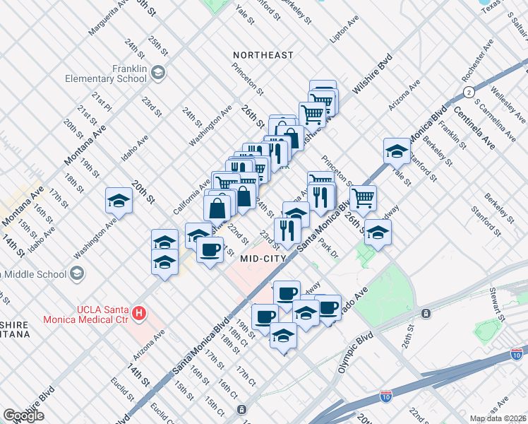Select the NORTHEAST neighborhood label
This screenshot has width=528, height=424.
point(263,55)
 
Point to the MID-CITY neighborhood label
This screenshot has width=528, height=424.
point(263,259)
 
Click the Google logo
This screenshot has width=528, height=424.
point(23,416)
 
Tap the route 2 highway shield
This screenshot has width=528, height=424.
point(468,93)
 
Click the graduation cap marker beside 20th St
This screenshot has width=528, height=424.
point(119,201)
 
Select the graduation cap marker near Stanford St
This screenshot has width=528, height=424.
point(397,151)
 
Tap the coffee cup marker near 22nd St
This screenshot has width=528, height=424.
point(210,250)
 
